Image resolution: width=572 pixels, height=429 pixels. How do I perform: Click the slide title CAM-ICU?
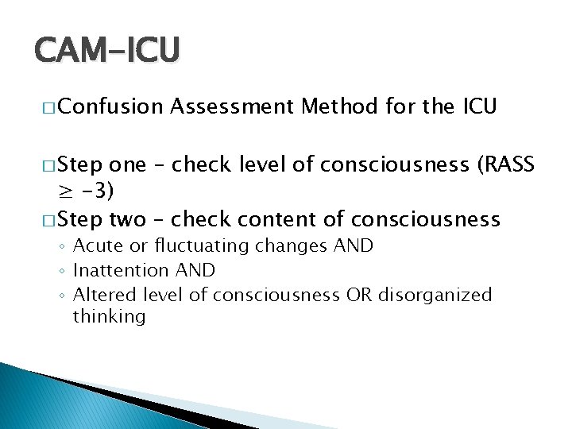(x=107, y=50)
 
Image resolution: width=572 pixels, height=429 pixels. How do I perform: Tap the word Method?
(x=339, y=106)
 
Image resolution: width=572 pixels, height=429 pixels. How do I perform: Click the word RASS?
(x=509, y=164)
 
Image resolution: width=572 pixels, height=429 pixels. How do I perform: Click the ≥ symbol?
(x=65, y=191)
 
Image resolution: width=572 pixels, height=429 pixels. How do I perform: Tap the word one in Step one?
(x=127, y=164)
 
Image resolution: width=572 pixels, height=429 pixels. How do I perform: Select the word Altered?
(x=101, y=295)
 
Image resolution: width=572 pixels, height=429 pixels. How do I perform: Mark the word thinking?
(x=109, y=316)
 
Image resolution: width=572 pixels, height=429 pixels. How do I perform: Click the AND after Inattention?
(x=191, y=271)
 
